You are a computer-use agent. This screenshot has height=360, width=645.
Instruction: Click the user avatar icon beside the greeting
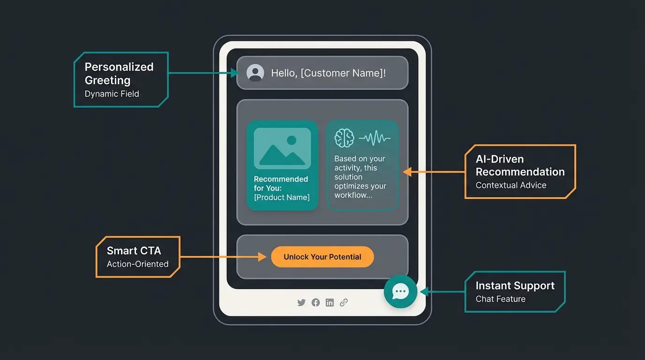[255, 73]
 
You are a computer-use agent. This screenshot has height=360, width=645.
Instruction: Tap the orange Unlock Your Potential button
[322, 257]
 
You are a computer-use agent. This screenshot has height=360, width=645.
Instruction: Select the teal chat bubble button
[400, 292]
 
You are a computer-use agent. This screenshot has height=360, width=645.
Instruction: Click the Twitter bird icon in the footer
[301, 303]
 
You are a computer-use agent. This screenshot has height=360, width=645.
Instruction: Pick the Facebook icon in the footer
[315, 303]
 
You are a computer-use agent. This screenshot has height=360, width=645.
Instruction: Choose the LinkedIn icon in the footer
[330, 303]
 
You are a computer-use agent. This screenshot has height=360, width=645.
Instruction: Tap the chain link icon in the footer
[344, 303]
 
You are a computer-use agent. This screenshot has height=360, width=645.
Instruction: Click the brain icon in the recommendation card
[344, 138]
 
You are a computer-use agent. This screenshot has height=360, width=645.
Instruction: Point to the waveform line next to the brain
[375, 138]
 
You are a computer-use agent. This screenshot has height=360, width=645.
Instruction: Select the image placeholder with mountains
[282, 149]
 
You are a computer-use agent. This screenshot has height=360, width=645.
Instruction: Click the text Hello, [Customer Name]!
[329, 73]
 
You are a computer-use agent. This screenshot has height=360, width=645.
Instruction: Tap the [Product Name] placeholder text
[282, 197]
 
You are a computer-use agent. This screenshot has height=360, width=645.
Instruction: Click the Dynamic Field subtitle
[112, 94]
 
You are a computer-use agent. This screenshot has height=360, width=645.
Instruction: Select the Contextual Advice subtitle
[511, 185]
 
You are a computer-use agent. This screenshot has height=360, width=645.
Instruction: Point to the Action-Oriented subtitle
[138, 264]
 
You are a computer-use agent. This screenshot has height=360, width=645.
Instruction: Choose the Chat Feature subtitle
[501, 299]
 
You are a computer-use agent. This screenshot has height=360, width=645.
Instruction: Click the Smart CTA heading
[134, 251]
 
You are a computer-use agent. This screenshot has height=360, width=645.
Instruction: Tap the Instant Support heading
[515, 285]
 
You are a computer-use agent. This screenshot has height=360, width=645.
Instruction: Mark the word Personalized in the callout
[119, 67]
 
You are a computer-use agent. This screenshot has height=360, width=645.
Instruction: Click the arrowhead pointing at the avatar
[236, 73]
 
